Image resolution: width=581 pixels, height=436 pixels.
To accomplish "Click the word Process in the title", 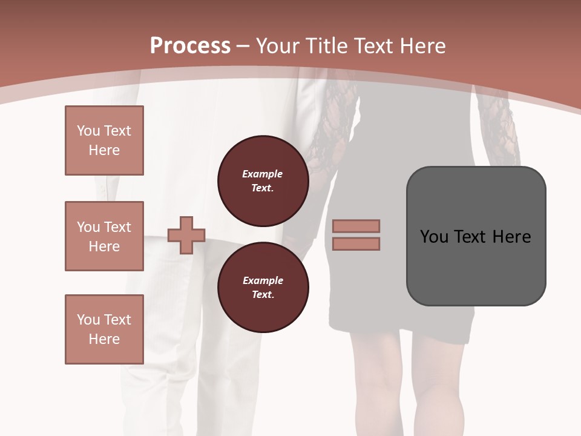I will coord(190,46).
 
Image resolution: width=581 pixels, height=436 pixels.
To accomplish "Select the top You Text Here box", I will coord(104,140).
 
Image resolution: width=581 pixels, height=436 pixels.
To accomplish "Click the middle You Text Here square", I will coord(104,236).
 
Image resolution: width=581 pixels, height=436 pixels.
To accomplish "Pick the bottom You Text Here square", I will coord(104,329).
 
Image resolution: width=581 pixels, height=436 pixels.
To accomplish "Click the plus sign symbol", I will coord(186,235).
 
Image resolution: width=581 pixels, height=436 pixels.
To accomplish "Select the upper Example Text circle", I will coord(263,181).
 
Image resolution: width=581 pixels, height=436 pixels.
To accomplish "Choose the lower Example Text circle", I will coord(263,287).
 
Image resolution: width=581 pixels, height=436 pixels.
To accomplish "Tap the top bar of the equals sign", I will coord(356,226).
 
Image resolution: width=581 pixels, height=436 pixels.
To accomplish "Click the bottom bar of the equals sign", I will coord(356,243).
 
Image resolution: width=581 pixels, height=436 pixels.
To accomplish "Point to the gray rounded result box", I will coord(476,266).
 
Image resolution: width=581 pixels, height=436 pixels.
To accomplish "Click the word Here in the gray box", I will coord(511,237).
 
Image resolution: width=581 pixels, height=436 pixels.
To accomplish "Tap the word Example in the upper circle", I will coord(263,174).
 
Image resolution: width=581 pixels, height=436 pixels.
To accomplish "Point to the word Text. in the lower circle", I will coord(263,294).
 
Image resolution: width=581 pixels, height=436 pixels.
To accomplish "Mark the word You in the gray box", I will coord(435,237).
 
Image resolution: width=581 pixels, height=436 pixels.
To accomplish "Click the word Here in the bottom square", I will coord(104,339).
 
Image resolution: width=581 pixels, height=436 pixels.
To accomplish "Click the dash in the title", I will coord(243,46).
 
